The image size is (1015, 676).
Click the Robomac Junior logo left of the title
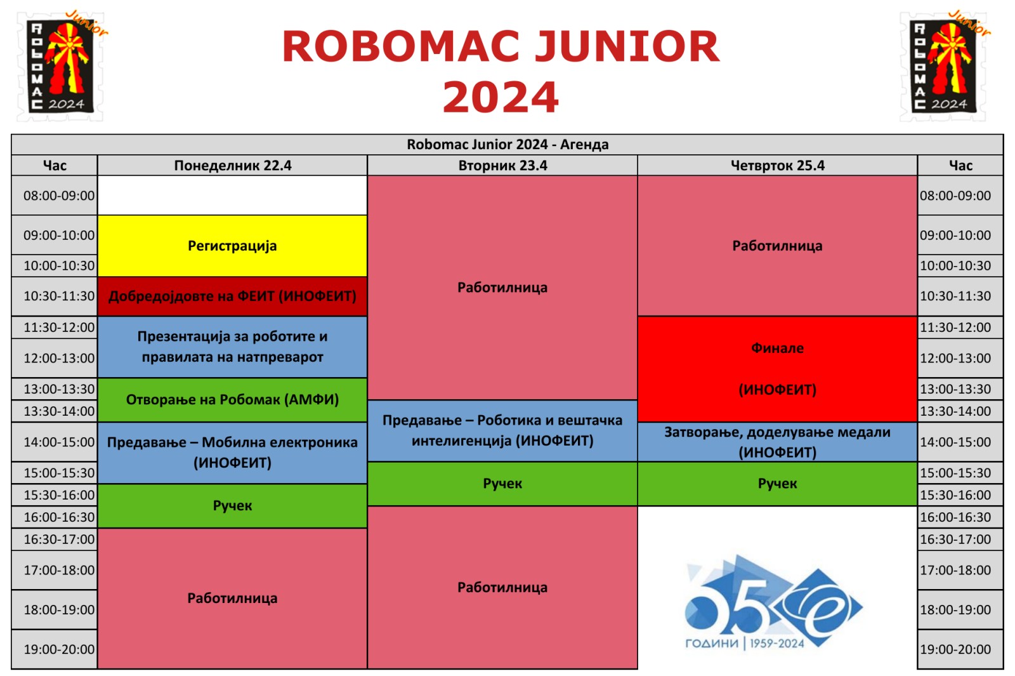[x=61, y=66]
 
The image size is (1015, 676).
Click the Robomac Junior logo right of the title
[x=945, y=66]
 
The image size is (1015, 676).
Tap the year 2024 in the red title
[x=501, y=97]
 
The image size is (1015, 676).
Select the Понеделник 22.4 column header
[x=232, y=166]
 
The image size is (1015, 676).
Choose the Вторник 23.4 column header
[x=502, y=166]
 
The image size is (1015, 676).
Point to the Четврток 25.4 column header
[x=777, y=166]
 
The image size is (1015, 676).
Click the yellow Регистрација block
[x=232, y=246]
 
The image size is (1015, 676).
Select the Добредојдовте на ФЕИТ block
[x=232, y=296]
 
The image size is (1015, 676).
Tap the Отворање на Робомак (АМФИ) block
[x=232, y=399]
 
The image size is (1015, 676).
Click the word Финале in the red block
[x=777, y=348]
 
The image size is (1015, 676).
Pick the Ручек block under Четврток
[x=777, y=483]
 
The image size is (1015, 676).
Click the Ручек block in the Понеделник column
[x=232, y=505]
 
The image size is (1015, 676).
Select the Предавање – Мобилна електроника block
[x=232, y=453]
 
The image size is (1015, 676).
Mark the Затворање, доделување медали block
[x=777, y=442]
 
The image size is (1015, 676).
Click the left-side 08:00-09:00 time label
[x=59, y=196]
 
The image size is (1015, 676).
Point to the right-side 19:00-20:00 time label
[x=955, y=649]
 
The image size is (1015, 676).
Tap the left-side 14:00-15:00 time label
[x=59, y=442]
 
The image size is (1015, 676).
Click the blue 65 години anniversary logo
[x=773, y=602]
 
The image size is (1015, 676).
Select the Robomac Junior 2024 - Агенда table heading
[x=507, y=144]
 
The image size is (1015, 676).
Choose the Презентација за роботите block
[x=232, y=347]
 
